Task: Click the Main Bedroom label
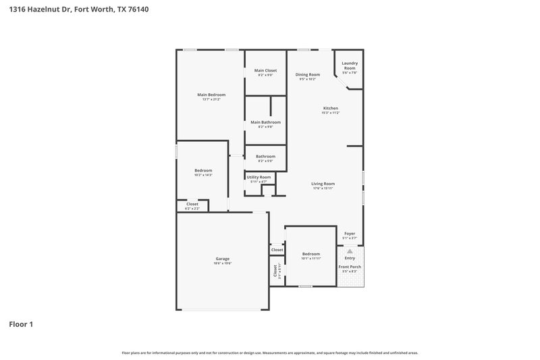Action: point(211,95)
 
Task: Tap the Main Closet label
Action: point(265,70)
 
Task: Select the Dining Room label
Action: point(307,74)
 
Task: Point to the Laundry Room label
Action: point(349,66)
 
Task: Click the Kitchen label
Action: point(330,108)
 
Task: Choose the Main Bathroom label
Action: point(265,122)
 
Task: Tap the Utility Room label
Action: point(259,177)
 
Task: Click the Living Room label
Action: point(323,184)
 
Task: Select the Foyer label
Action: point(350,234)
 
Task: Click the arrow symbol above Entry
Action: point(350,251)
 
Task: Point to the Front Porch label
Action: point(350,267)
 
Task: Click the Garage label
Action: point(223,259)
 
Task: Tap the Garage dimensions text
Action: point(223,263)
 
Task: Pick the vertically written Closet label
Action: point(275,270)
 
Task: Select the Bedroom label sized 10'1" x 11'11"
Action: point(311,254)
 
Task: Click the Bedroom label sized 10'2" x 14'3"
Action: point(203,170)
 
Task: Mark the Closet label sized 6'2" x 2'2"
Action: point(192,204)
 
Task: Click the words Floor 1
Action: point(21,324)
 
